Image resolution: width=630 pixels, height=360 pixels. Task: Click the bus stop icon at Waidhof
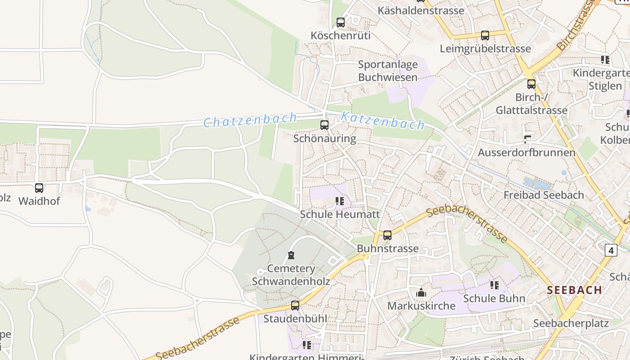tap(39, 188)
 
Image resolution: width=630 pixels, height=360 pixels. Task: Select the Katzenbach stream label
tap(382, 121)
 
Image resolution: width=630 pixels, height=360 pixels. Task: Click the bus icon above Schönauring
tap(324, 125)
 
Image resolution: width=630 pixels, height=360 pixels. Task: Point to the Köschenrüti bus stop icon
tap(341, 22)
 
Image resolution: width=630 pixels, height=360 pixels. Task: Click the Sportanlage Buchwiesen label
tap(388, 71)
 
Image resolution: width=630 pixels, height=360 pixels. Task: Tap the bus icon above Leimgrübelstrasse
tap(485, 36)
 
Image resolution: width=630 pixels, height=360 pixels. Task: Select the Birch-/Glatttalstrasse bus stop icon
tap(531, 84)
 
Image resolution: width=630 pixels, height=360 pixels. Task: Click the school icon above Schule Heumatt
tap(340, 201)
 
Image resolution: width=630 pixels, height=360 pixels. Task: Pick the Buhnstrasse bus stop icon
tap(387, 235)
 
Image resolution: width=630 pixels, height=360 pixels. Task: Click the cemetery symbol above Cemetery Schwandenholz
tap(291, 256)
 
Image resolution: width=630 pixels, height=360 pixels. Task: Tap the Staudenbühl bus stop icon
tap(295, 306)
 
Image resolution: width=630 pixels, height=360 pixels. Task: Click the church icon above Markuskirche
tap(421, 293)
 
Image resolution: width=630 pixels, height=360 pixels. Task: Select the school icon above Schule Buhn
tap(495, 285)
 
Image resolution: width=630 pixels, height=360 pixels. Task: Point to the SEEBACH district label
tap(575, 290)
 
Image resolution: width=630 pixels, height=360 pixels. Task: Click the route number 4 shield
tap(611, 250)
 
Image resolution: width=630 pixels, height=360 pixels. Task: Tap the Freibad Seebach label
tap(544, 195)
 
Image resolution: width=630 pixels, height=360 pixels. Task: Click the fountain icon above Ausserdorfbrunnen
tap(527, 139)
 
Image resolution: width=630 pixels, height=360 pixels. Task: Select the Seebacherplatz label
tap(571, 323)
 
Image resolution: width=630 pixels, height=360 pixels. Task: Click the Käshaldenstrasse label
tap(421, 10)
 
